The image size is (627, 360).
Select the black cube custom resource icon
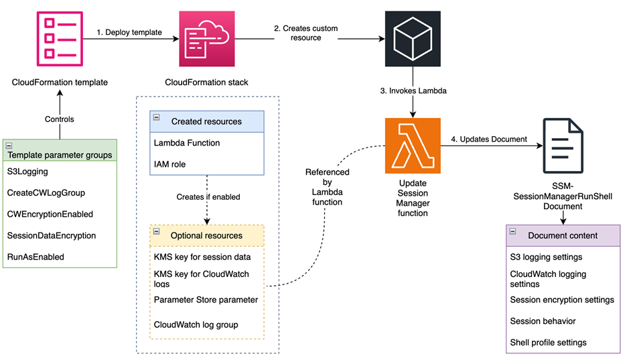(x=413, y=39)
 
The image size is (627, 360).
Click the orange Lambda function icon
(x=413, y=145)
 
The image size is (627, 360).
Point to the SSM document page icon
(x=563, y=146)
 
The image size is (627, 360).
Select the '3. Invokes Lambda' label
(x=418, y=91)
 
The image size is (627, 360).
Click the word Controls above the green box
(x=60, y=119)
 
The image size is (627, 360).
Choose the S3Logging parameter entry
(x=28, y=172)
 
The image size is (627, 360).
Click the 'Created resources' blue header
(x=206, y=121)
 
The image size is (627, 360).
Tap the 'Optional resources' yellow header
(x=206, y=235)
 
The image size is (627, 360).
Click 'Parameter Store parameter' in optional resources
(x=206, y=300)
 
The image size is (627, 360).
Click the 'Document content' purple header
(x=563, y=235)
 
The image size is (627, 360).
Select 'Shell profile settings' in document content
(x=548, y=343)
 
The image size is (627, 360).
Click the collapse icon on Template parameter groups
(x=10, y=145)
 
